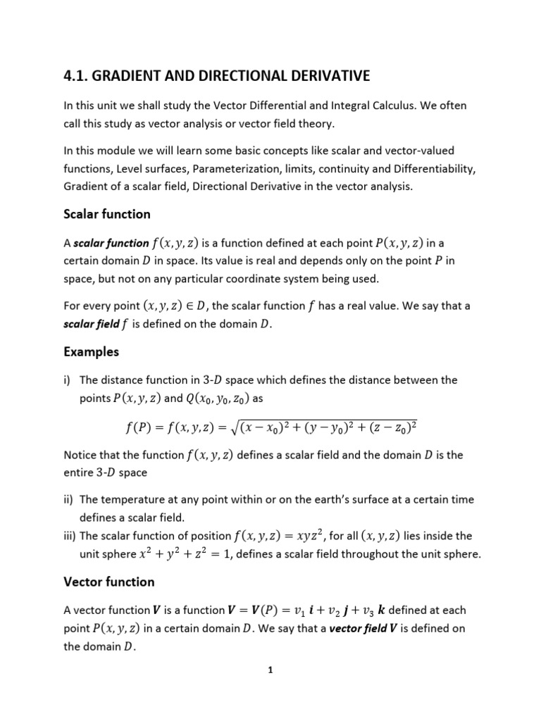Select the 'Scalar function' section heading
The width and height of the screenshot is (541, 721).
point(106,213)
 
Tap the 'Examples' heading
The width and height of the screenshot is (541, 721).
point(91,351)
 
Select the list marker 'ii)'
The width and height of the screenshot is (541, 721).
point(68,499)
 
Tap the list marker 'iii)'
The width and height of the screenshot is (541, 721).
point(70,537)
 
